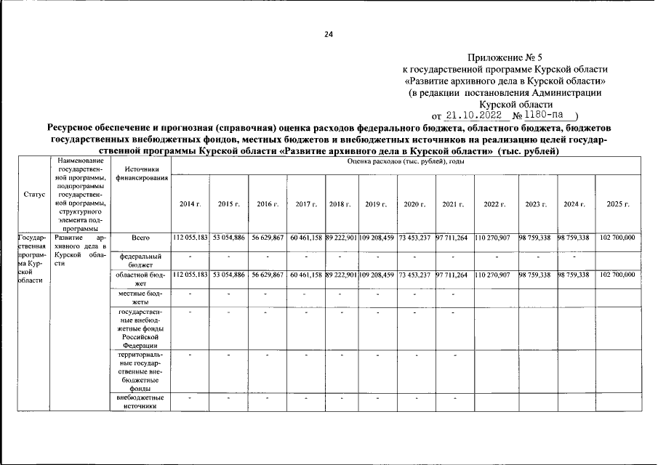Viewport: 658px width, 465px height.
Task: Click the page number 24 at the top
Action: [329, 34]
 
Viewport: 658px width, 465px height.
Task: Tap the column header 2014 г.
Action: [190, 204]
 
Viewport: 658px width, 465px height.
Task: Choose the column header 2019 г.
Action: [376, 204]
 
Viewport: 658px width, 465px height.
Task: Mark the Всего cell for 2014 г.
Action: [190, 238]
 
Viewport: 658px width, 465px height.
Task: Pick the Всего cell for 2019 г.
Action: [376, 238]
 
